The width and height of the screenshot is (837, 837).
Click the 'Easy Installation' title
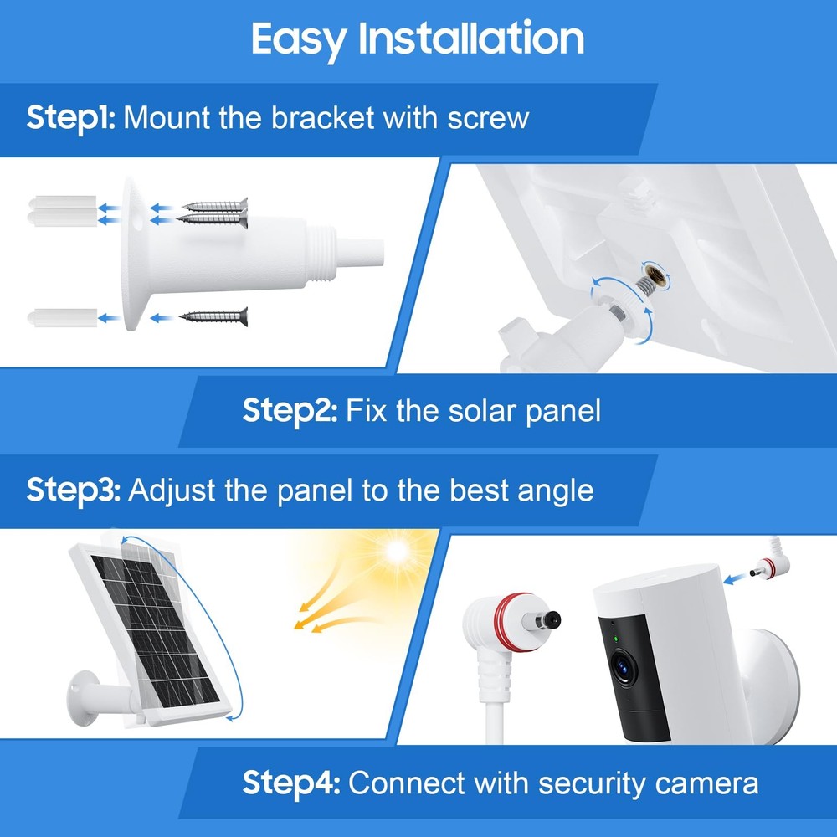pos(418,39)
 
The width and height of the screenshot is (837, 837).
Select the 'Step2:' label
pos(290,411)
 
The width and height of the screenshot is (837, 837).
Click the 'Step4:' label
pos(291,783)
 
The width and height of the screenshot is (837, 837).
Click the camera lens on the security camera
pos(624,666)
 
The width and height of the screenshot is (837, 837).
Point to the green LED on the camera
pos(616,640)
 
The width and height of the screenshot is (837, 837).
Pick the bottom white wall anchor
pos(59,317)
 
